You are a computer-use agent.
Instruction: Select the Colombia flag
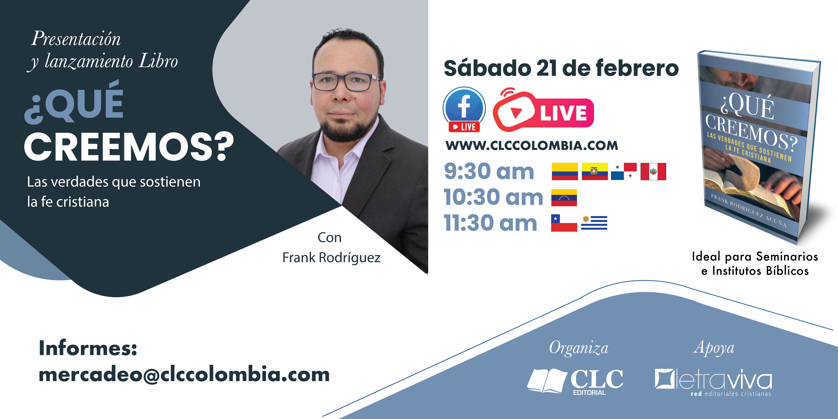565,171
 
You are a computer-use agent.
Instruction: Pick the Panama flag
624,171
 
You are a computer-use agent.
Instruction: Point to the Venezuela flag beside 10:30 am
564,197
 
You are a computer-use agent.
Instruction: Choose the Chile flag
564,223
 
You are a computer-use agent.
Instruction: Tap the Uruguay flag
594,223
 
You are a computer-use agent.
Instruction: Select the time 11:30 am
491,223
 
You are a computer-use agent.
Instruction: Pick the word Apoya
714,348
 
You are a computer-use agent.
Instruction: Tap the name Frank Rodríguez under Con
331,258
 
